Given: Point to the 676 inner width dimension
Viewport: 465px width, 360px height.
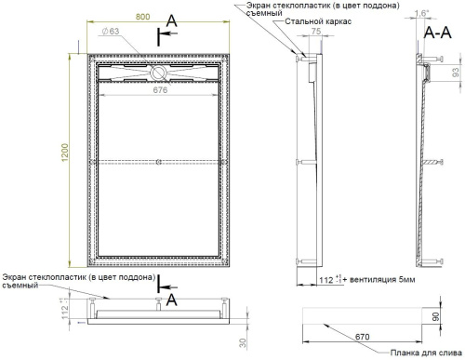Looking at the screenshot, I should (158, 90).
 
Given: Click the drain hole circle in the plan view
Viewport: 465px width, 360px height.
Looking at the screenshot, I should (158, 69).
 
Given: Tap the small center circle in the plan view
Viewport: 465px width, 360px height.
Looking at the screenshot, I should (158, 162).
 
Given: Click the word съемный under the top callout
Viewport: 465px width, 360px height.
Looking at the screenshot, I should (262, 13).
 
